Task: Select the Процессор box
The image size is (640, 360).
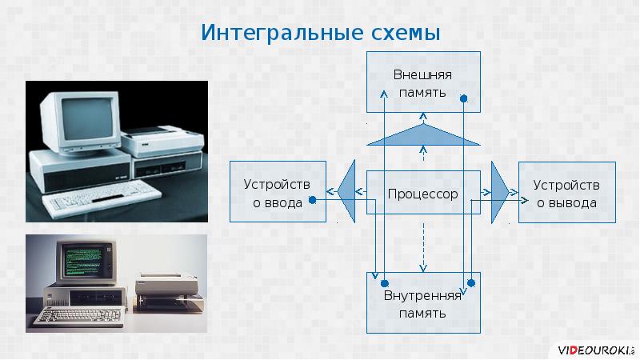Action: click(x=422, y=194)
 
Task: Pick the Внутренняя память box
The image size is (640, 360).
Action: click(x=422, y=305)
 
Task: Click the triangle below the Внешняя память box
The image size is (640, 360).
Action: click(x=422, y=137)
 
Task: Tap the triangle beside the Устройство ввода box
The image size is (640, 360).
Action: click(x=347, y=192)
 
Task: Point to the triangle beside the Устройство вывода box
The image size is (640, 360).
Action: click(x=499, y=192)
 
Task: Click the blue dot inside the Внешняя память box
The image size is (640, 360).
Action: click(x=464, y=99)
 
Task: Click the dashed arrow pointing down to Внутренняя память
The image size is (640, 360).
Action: click(x=423, y=248)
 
